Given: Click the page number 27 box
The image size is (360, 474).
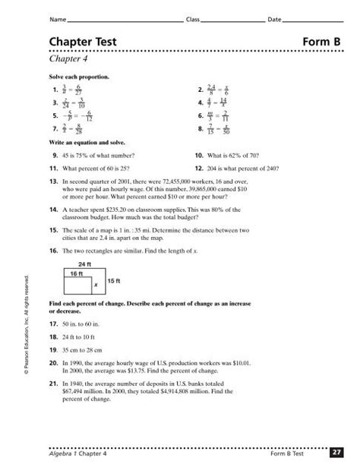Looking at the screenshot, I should [x=337, y=453].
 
